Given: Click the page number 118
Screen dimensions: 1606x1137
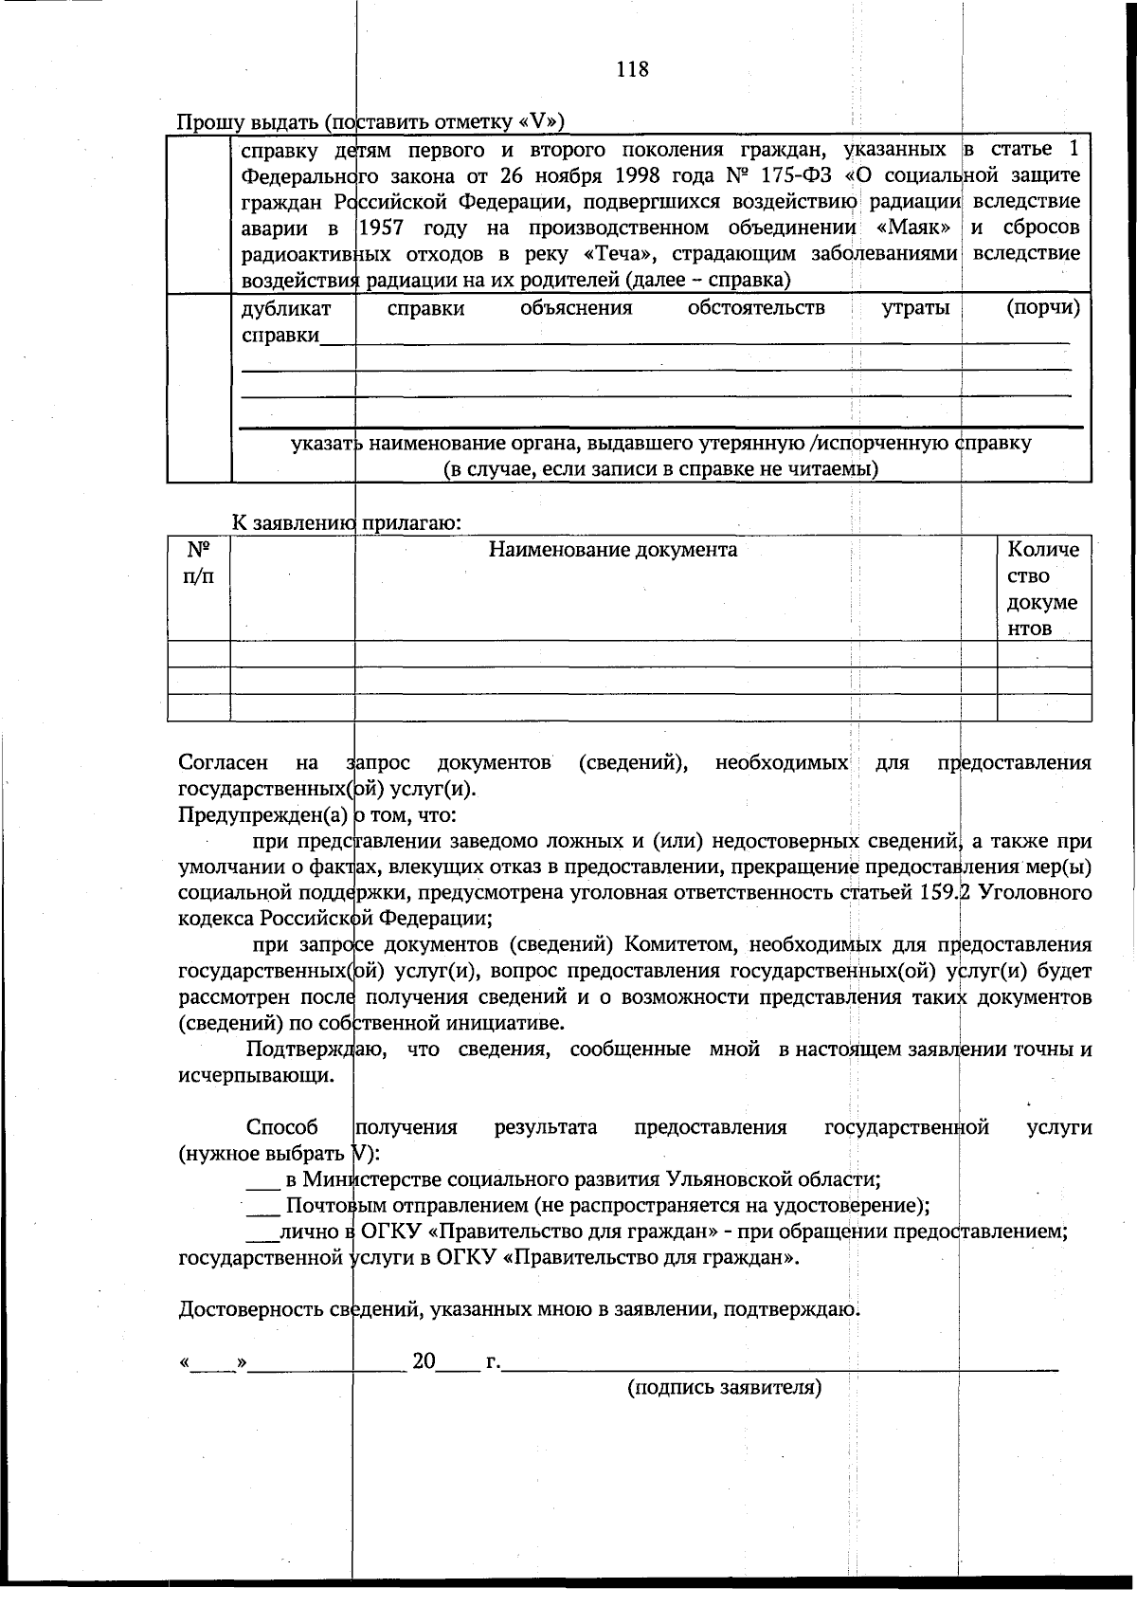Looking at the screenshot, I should pos(632,69).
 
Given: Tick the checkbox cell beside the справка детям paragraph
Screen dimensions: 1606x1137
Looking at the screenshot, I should pos(199,214).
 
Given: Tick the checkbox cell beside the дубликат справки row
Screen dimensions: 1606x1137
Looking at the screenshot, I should pos(199,388).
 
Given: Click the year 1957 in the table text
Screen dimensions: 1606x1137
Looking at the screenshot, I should pos(384,228).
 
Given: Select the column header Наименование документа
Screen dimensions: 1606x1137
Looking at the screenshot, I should pos(612,550).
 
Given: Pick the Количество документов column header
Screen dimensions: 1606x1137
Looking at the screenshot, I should pos(1042,589).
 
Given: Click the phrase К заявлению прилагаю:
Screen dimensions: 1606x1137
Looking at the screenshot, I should pos(347,522).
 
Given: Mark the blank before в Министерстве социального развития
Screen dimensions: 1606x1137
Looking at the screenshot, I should pos(262,1181).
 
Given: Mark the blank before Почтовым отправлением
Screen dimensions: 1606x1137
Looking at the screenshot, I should pos(262,1207).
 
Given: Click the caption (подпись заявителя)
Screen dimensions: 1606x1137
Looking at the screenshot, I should pos(724,1388).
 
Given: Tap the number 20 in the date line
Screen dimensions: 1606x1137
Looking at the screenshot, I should pos(424,1362).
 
